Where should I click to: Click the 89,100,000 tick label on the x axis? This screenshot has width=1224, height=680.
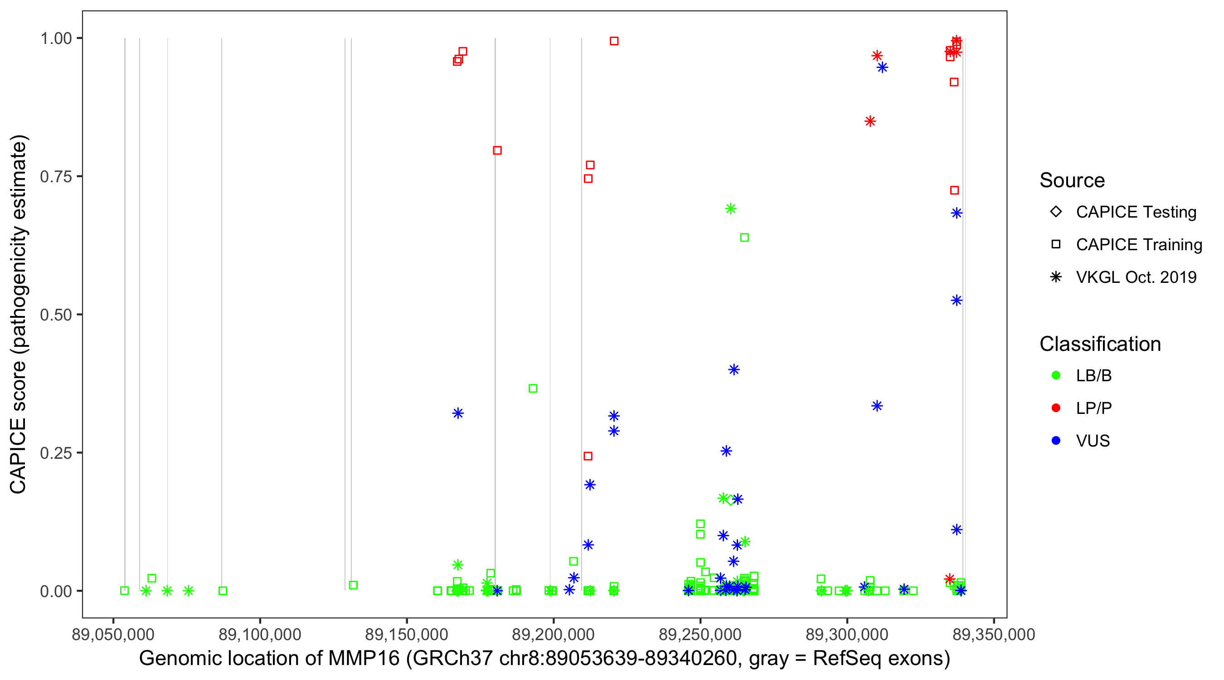260,634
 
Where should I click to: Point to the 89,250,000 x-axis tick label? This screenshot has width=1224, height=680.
700,634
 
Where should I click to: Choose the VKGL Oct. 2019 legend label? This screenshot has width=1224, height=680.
1136,277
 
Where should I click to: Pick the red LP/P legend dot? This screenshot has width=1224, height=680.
1056,408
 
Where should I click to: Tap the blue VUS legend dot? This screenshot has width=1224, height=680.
1056,441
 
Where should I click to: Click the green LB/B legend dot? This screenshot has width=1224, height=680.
1056,375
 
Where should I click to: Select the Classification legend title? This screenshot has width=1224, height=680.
1100,344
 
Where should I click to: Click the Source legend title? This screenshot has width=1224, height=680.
1072,180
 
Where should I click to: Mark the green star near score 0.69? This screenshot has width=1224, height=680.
731,209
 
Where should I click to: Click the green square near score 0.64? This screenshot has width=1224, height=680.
744,238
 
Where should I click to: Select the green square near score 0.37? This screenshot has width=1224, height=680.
533,389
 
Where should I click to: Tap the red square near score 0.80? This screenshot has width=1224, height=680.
497,151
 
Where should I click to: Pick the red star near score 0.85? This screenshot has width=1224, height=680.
870,121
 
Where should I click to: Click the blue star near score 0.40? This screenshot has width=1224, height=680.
734,370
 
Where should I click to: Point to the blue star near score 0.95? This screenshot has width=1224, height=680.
882,68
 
